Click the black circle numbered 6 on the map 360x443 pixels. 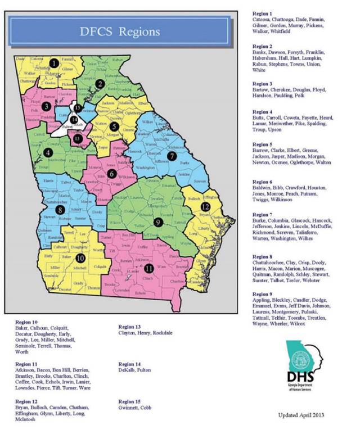112,174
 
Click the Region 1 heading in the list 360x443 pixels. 262,13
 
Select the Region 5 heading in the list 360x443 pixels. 262,143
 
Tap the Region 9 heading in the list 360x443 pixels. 262,293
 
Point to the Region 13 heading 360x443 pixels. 129,326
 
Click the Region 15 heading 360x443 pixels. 129,401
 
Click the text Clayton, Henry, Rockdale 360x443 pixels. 148,333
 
